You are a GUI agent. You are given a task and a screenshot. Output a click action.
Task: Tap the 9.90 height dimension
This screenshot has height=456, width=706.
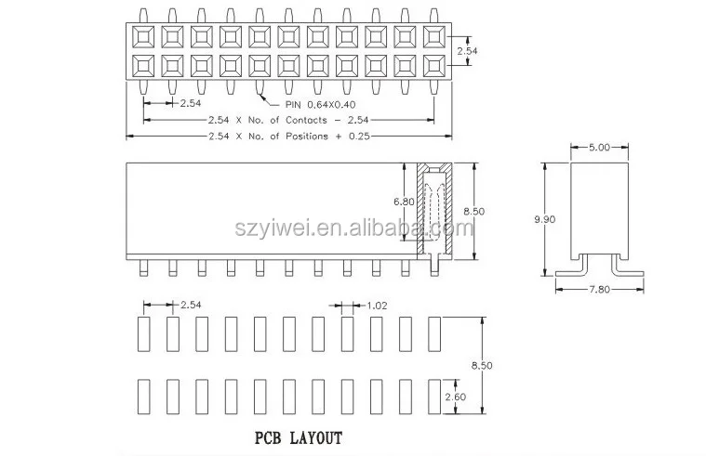[547, 218]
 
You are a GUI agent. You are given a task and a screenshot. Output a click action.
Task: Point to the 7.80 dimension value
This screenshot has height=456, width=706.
[600, 289]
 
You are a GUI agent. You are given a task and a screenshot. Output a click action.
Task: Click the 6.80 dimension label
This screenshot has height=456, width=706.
[406, 202]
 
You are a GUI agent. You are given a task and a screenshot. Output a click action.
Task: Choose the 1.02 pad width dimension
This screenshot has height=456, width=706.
[377, 304]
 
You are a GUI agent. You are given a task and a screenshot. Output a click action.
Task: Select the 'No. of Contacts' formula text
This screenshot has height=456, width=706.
[279, 122]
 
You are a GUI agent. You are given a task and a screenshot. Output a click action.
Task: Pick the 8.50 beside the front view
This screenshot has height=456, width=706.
[473, 211]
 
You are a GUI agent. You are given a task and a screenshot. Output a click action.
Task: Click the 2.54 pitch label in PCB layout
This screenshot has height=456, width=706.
[192, 304]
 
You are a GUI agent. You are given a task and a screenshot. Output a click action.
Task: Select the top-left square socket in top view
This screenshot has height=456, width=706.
[145, 36]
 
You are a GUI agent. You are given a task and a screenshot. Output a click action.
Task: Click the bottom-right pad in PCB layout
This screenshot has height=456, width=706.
[433, 397]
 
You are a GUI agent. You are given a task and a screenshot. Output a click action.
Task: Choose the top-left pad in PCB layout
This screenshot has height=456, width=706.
[144, 333]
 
